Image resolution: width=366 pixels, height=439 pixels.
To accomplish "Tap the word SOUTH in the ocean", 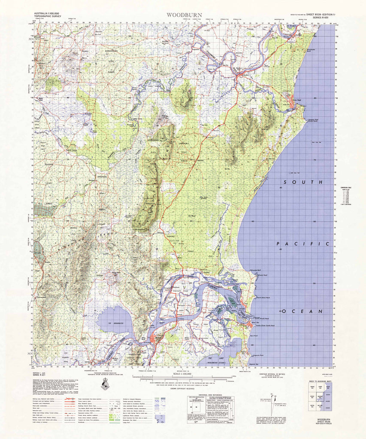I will (x=307, y=182).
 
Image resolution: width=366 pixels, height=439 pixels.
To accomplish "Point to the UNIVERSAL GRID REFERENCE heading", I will (x=208, y=395).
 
